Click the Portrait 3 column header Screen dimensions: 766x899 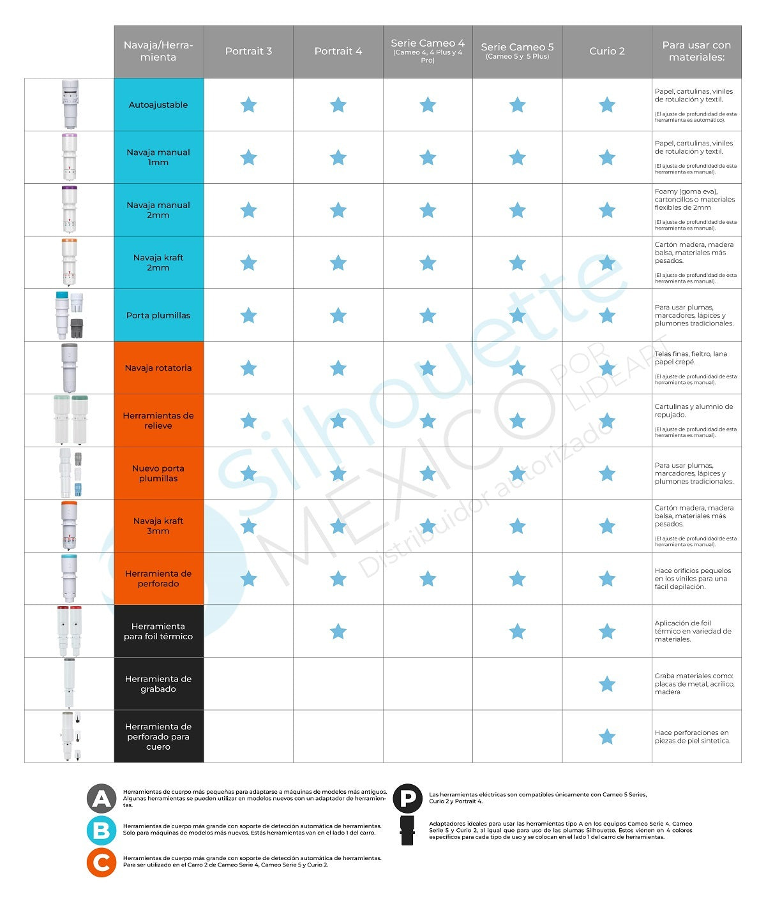[248, 51]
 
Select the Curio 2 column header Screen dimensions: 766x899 [606, 51]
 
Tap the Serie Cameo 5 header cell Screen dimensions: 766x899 [517, 51]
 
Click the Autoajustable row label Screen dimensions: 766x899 [158, 105]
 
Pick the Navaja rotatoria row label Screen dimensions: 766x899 [158, 368]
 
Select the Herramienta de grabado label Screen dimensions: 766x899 [158, 684]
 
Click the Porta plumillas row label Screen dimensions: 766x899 [158, 315]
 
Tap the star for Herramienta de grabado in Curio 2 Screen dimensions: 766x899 [606, 684]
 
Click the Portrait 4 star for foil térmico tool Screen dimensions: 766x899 [338, 632]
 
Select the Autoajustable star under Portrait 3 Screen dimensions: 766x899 [248, 105]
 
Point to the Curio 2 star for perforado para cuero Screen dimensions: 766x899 [606, 737]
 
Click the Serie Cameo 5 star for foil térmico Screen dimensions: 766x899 [518, 632]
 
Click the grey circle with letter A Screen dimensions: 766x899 [101, 799]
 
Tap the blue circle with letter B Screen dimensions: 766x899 [101, 830]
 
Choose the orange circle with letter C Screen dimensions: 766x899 [101, 863]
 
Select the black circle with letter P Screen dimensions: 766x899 [408, 798]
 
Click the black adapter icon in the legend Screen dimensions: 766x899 [407, 830]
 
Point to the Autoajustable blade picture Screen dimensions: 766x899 [70, 105]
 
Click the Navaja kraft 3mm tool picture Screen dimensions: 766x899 [69, 526]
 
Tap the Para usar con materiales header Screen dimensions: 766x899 [696, 51]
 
